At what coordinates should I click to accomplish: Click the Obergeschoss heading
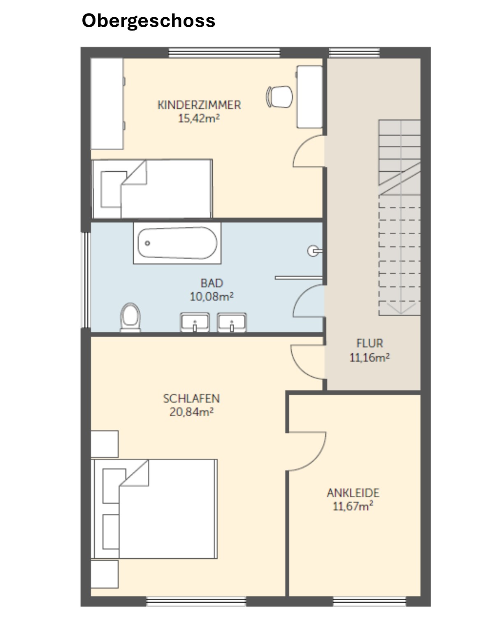click(x=148, y=21)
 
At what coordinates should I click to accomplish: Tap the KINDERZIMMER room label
click(x=199, y=105)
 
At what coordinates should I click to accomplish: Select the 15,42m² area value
click(x=199, y=118)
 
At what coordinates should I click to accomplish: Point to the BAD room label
click(x=212, y=283)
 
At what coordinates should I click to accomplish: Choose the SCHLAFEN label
click(x=191, y=399)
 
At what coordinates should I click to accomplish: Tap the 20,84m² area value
click(x=192, y=412)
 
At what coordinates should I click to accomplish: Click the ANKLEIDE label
click(x=353, y=493)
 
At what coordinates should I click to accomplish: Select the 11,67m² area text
click(x=353, y=506)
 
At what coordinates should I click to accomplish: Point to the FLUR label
click(x=369, y=343)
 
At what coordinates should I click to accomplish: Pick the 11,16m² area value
click(x=369, y=357)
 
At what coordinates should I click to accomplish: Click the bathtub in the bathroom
click(x=177, y=243)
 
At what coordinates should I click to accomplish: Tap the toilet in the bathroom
click(x=130, y=317)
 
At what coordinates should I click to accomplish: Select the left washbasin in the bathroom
click(x=195, y=322)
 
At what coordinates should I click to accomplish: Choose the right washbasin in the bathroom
click(x=232, y=322)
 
